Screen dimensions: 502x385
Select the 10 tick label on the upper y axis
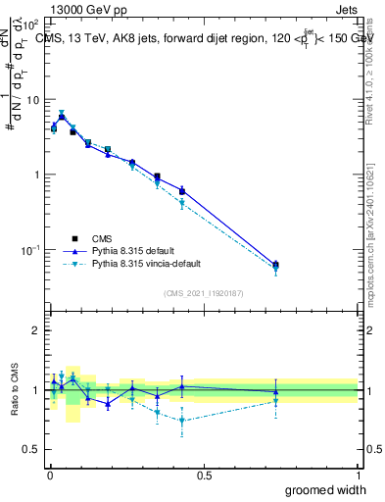(32, 100)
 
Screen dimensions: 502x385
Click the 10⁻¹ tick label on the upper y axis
(30, 250)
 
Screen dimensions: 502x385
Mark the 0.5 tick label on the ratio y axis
(31, 449)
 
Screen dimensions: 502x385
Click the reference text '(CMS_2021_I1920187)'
(204, 293)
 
